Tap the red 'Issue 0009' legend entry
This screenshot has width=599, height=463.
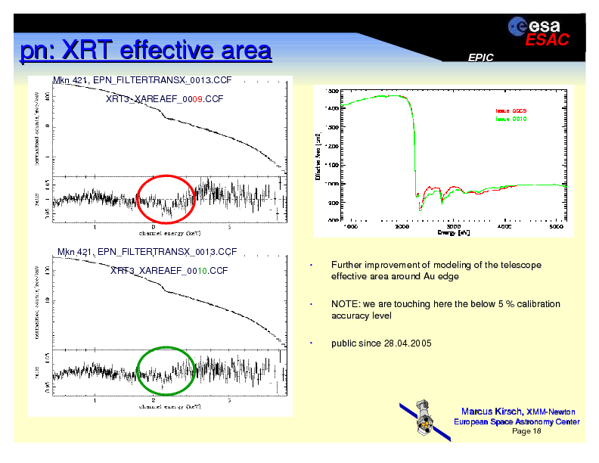pos(511,111)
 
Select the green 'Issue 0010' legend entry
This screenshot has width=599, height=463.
pos(511,119)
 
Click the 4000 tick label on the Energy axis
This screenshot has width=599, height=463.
pos(504,225)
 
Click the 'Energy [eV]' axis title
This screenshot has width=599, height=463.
pos(454,232)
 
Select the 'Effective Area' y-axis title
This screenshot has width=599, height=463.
pos(318,157)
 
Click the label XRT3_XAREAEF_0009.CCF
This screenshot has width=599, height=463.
pos(165,99)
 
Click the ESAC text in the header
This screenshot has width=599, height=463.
pos(548,41)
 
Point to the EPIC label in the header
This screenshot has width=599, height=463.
pos(480,57)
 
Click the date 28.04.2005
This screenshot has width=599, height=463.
pos(408,343)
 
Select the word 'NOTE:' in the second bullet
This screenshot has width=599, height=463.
pos(344,304)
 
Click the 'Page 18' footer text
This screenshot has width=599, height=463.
pos(526,431)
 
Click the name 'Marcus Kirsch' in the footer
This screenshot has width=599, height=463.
pos(492,411)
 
